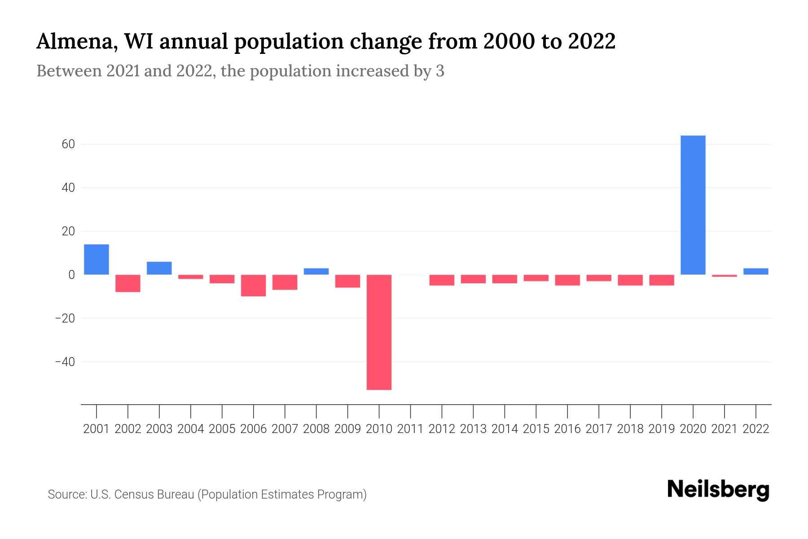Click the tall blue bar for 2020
coord(693,205)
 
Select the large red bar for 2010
coord(379,332)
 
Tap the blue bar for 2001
coord(97,259)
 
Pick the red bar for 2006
coord(253,285)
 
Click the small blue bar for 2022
coord(756,271)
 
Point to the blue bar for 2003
coord(159,268)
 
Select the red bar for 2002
coord(128,283)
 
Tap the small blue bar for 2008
coord(316,271)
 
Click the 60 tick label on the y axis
coord(68,144)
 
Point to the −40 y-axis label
coord(65,362)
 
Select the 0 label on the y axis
coord(71,274)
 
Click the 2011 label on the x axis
coord(410,429)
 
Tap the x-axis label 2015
coord(536,429)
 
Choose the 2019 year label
coord(662,429)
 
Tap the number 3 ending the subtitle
coord(440,71)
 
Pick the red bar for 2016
coord(567,280)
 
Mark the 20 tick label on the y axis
coord(68,231)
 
